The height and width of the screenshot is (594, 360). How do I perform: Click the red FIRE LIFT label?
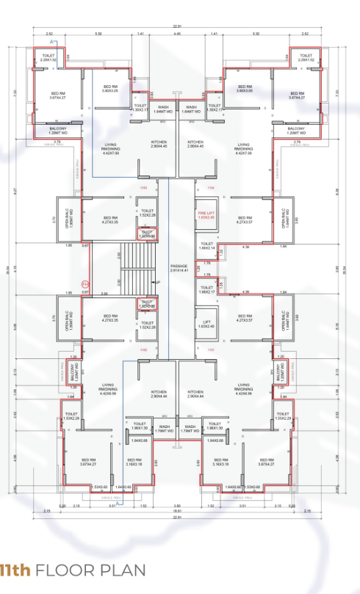point(206,215)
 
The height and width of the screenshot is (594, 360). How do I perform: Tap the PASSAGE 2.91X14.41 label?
point(179,269)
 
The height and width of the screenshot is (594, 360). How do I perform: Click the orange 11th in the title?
point(15,570)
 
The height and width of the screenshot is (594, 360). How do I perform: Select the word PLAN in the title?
point(120,570)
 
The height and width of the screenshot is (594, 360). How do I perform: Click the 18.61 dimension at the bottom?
point(177,512)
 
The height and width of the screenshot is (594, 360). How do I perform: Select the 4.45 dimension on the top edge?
point(177,35)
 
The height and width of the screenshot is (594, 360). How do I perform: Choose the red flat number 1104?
point(210,188)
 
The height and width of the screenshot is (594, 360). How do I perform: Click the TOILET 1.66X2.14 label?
point(206,246)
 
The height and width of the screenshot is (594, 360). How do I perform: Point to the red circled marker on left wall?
point(85,283)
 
